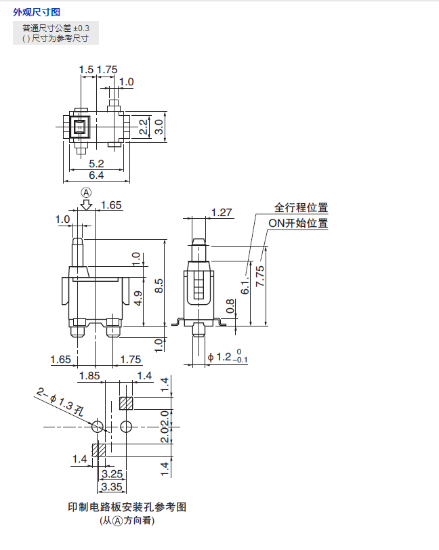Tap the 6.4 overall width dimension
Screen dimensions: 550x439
pyautogui.click(x=97, y=175)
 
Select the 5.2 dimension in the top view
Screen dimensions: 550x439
pyautogui.click(x=97, y=163)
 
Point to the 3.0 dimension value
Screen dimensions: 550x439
pyautogui.click(x=159, y=127)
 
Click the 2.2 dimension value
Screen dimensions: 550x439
pyautogui.click(x=143, y=127)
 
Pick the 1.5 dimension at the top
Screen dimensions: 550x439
pyautogui.click(x=86, y=69)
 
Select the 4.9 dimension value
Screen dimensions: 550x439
pyautogui.click(x=138, y=299)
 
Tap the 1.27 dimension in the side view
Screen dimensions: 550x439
pyautogui.click(x=222, y=212)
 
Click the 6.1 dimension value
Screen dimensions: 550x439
pyautogui.click(x=245, y=287)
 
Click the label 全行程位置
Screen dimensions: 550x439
pyautogui.click(x=301, y=208)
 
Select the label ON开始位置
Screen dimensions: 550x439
pyautogui.click(x=298, y=223)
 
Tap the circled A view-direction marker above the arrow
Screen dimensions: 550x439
pyautogui.click(x=86, y=192)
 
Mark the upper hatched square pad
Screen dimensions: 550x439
pyautogui.click(x=126, y=404)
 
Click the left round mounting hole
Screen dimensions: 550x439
pyautogui.click(x=98, y=427)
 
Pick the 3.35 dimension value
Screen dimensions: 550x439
pyautogui.click(x=110, y=486)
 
